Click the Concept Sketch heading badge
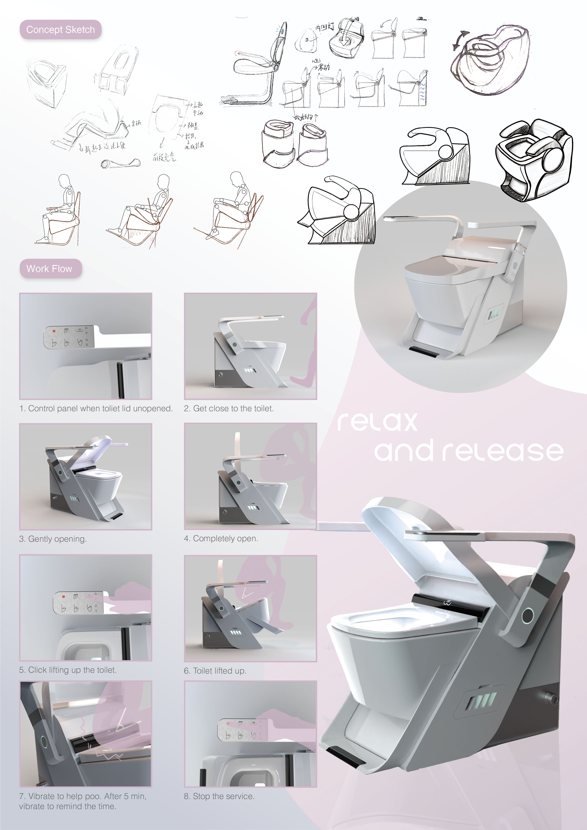coord(60,30)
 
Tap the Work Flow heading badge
coord(50,269)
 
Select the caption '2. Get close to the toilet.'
coord(228,409)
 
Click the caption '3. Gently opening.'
coord(53,539)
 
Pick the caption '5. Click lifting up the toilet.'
coord(68,670)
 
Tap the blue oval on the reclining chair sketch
coord(282,31)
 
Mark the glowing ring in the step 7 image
coord(44,742)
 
